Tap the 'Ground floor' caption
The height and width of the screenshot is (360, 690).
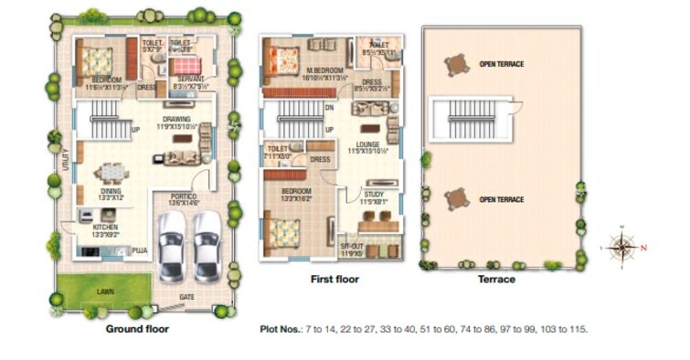137,328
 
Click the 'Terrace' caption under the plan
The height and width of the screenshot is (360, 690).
497,280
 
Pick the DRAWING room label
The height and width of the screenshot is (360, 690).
176,119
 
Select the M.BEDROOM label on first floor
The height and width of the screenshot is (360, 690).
324,71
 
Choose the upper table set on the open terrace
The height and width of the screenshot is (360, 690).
455,65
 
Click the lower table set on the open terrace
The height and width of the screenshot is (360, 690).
455,198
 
